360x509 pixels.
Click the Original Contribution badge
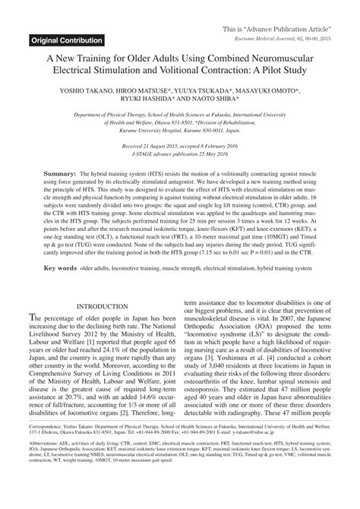[x=68, y=40]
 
